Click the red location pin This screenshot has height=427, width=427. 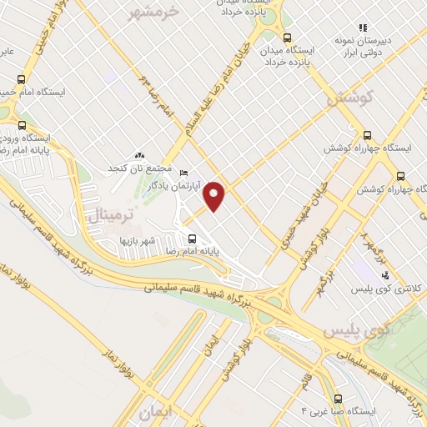pyautogui.click(x=215, y=196)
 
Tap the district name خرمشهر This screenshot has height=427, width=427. pyautogui.click(x=155, y=12)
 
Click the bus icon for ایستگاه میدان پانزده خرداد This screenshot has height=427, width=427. pyautogui.click(x=288, y=38)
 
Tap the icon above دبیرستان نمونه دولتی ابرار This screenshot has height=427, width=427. pyautogui.click(x=363, y=27)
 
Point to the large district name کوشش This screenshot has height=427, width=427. pyautogui.click(x=347, y=98)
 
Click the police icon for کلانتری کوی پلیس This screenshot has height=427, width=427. pyautogui.click(x=384, y=274)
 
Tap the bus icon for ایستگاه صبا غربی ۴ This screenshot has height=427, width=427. pyautogui.click(x=337, y=399)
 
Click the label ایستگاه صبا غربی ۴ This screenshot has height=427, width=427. pyautogui.click(x=339, y=412)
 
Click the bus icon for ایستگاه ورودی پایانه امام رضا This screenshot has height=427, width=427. pyautogui.click(x=23, y=126)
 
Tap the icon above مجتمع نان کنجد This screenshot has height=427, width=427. pyautogui.click(x=139, y=156)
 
